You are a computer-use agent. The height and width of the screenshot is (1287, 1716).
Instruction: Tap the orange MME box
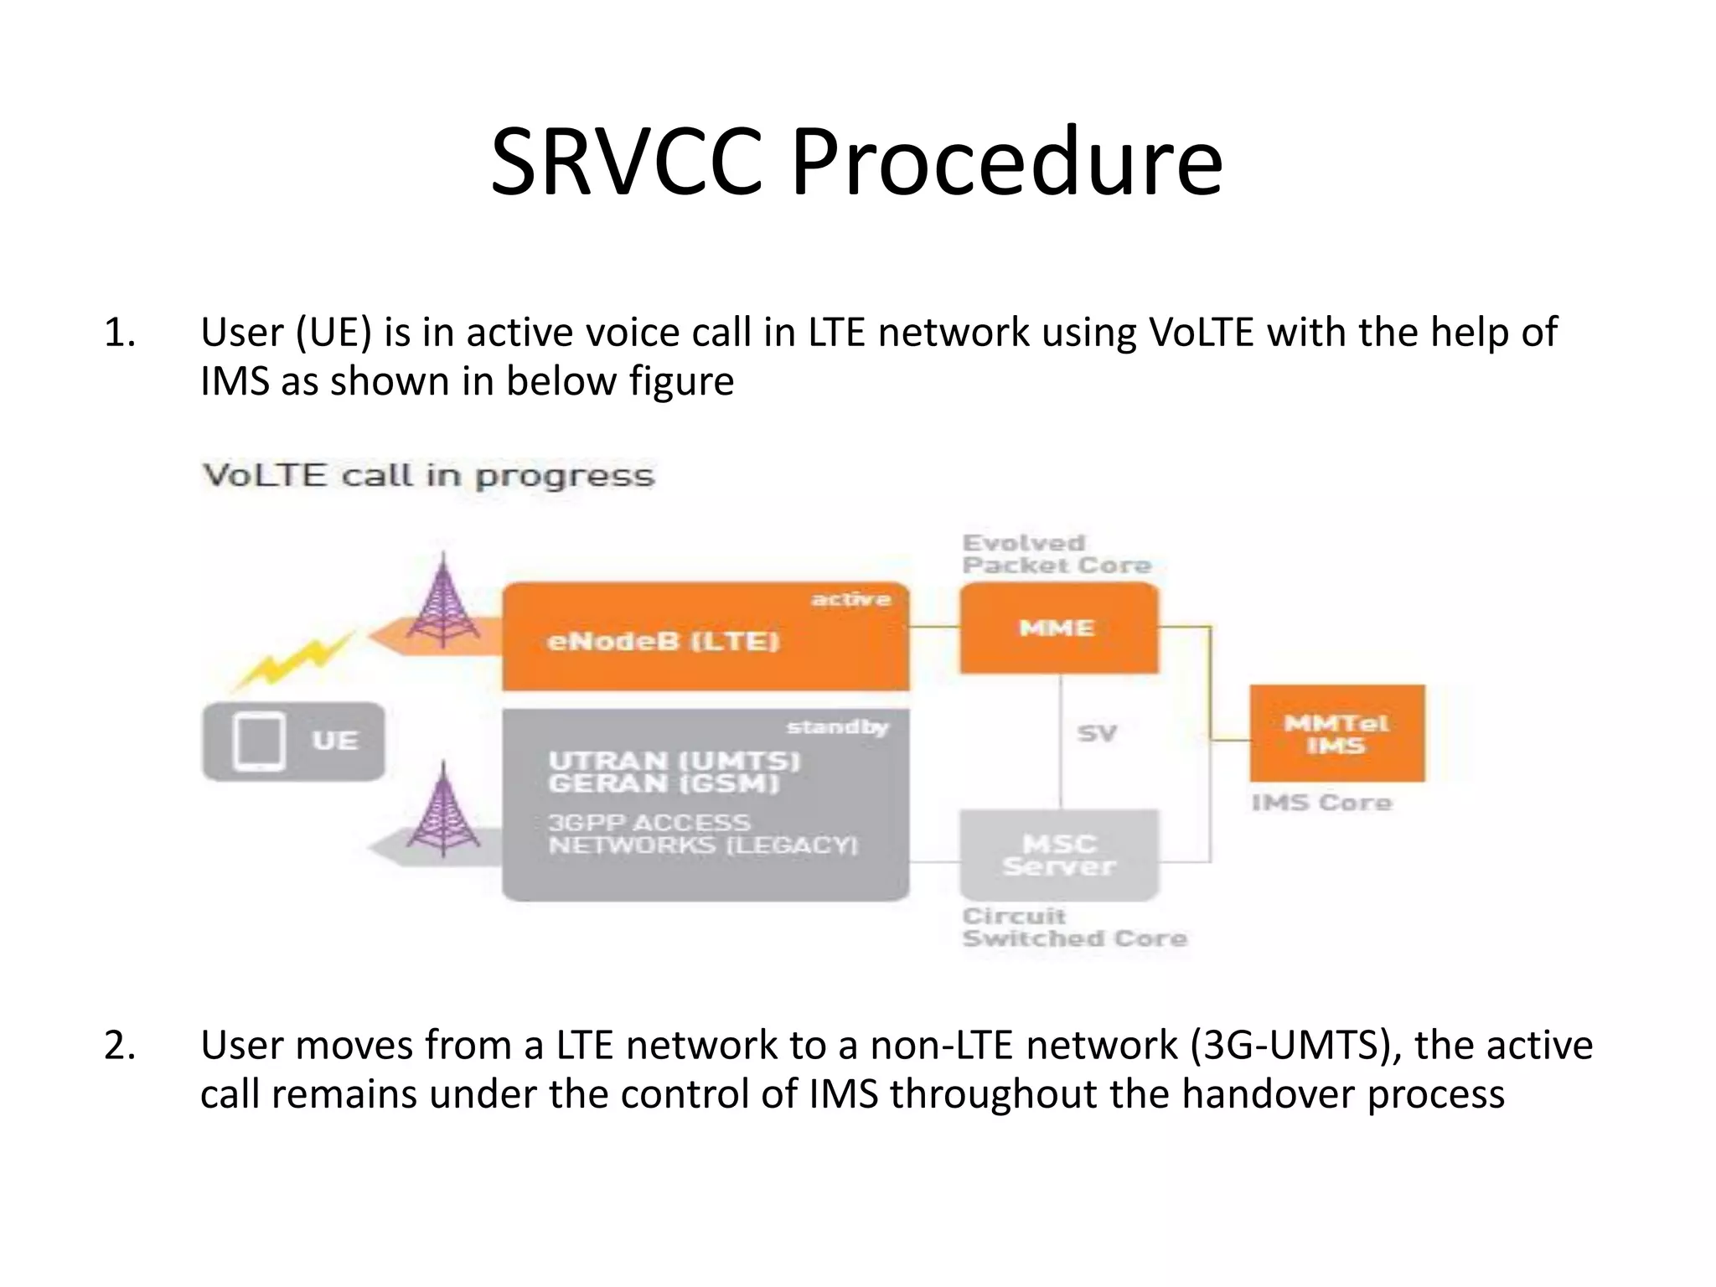(x=1058, y=628)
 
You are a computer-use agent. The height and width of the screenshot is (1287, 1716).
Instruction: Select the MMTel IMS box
(x=1336, y=734)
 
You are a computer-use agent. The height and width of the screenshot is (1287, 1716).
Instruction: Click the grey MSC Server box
(x=1059, y=855)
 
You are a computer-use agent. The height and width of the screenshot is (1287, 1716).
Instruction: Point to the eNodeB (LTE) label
(x=663, y=642)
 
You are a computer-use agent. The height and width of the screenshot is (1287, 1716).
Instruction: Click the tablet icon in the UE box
(x=260, y=742)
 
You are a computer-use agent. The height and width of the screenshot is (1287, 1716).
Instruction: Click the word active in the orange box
(x=850, y=599)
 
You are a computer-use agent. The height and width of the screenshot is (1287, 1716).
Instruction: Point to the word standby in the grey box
(x=837, y=726)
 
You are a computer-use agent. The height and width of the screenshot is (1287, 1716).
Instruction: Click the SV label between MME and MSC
(x=1097, y=734)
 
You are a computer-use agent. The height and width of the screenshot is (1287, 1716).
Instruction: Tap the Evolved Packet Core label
(x=1056, y=554)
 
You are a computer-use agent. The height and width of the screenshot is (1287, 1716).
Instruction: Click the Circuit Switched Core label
(x=1073, y=928)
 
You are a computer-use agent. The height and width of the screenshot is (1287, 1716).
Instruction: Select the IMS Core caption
(x=1321, y=803)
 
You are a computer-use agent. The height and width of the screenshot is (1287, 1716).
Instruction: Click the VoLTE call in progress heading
(x=428, y=476)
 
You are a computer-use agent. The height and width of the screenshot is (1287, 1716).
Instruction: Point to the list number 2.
(x=120, y=1046)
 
